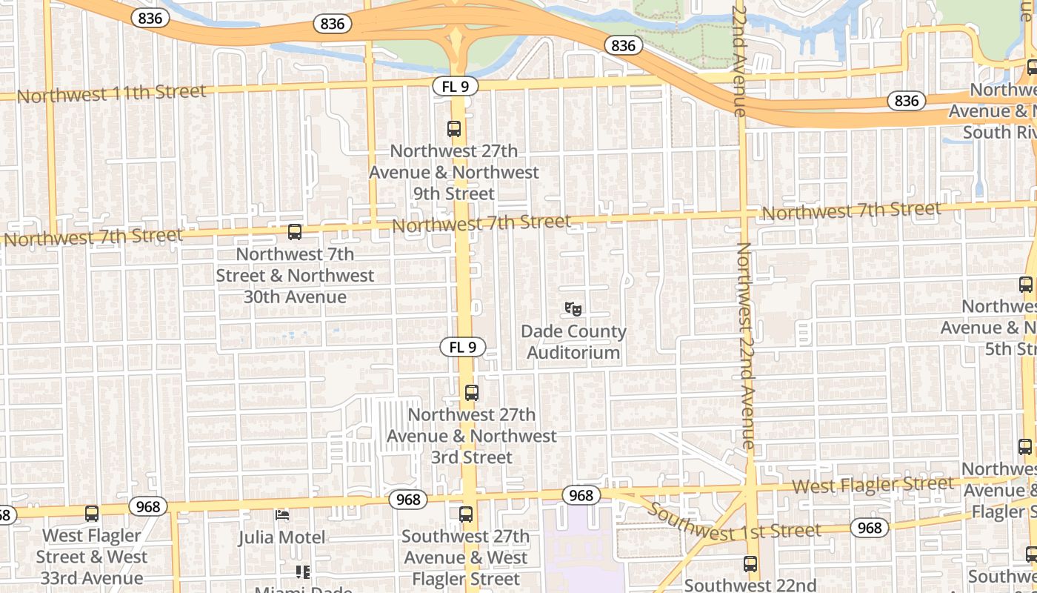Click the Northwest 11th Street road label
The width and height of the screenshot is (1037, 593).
111,93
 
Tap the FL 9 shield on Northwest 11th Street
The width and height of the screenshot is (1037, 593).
456,86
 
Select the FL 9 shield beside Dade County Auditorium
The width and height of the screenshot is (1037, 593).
464,346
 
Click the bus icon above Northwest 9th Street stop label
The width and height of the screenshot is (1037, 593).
454,129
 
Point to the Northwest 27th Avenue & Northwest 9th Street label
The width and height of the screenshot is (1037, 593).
453,172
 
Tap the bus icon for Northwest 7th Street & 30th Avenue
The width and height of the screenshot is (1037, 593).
295,232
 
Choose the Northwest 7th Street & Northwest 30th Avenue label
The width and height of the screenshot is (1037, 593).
295,275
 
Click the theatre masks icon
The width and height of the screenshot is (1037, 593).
573,308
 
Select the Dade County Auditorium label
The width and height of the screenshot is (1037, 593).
573,342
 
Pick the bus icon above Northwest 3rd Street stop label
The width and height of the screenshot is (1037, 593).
472,393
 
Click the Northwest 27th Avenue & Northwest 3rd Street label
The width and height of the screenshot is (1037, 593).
472,436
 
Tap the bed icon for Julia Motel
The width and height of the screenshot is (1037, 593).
281,514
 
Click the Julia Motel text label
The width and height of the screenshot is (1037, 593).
281,537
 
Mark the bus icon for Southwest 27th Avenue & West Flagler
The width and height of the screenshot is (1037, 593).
466,514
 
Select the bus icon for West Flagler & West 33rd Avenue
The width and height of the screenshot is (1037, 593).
92,513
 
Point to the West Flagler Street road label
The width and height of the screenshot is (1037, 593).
873,486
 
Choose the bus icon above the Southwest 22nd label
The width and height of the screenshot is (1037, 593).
750,564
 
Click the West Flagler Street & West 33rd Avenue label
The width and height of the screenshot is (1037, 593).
92,557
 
